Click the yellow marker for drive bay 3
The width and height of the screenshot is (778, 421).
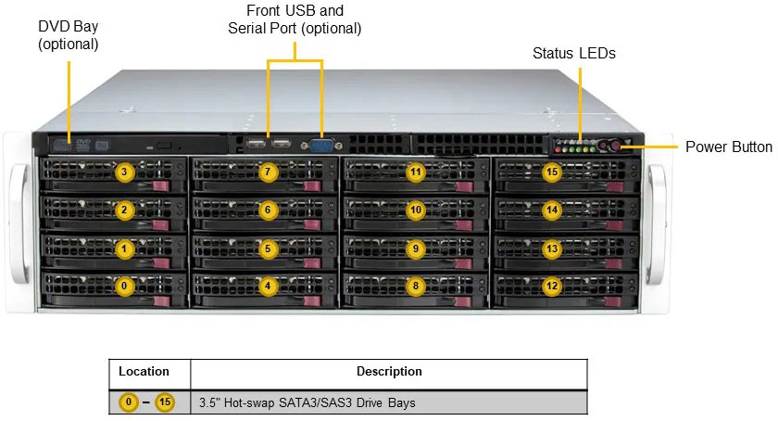coord(125,172)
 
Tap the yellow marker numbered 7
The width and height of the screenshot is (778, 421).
coord(268,172)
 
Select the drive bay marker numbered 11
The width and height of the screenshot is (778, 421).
coord(416,172)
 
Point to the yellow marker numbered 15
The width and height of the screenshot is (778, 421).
coord(552,172)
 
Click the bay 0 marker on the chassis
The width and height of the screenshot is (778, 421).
coord(125,286)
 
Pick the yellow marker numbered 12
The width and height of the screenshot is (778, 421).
coord(552,286)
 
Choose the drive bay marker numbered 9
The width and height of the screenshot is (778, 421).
coord(416,249)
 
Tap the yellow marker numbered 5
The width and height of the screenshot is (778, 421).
coord(268,249)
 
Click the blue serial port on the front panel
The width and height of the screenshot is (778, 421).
coord(321,145)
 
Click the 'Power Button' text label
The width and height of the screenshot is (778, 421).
coord(728,147)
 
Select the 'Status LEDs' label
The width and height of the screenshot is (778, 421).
coord(574,54)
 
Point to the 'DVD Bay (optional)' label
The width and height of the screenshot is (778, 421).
coord(69,34)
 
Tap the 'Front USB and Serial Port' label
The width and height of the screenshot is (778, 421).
coord(295,19)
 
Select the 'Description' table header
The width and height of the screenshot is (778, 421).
coord(389,372)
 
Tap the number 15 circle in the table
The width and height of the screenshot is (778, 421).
coord(165,402)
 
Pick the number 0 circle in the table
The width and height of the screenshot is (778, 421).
coord(131,402)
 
